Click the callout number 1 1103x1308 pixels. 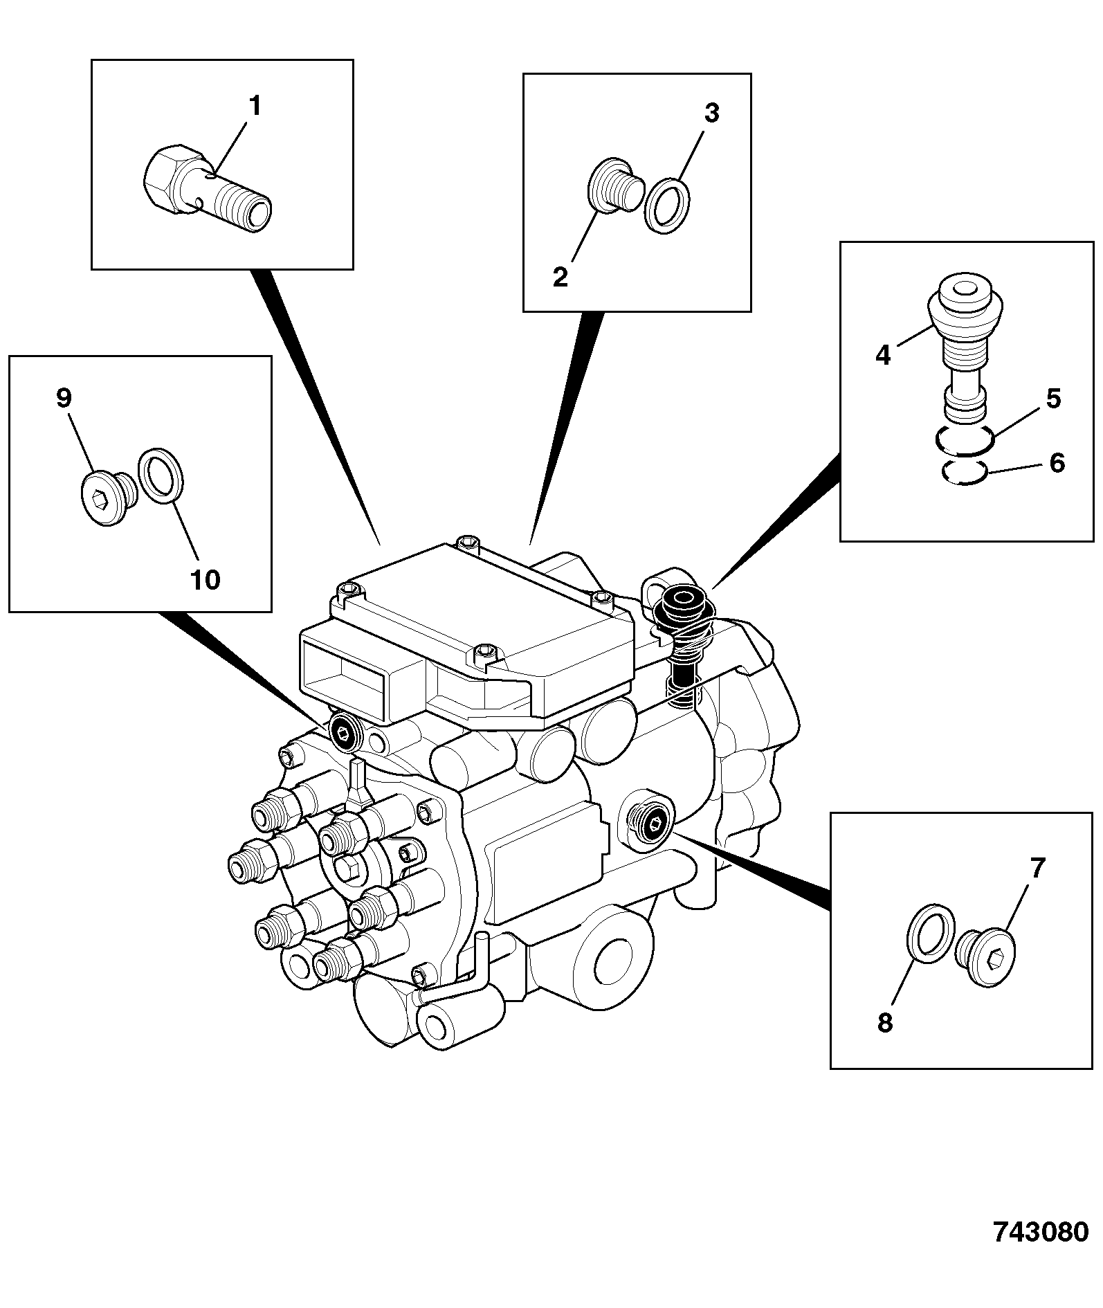click(x=255, y=107)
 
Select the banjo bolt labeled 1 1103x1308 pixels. click(x=208, y=187)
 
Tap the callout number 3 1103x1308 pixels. click(x=711, y=113)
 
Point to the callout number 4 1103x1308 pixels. click(x=883, y=355)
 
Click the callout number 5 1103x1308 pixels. click(x=1052, y=399)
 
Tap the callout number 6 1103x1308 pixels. click(x=1057, y=463)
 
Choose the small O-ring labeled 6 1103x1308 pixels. click(x=964, y=473)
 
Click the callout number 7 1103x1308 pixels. click(x=1037, y=868)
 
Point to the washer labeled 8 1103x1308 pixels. click(x=931, y=932)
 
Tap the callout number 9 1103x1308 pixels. click(x=64, y=398)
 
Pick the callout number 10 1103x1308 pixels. click(x=206, y=580)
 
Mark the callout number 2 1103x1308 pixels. click(x=560, y=278)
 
